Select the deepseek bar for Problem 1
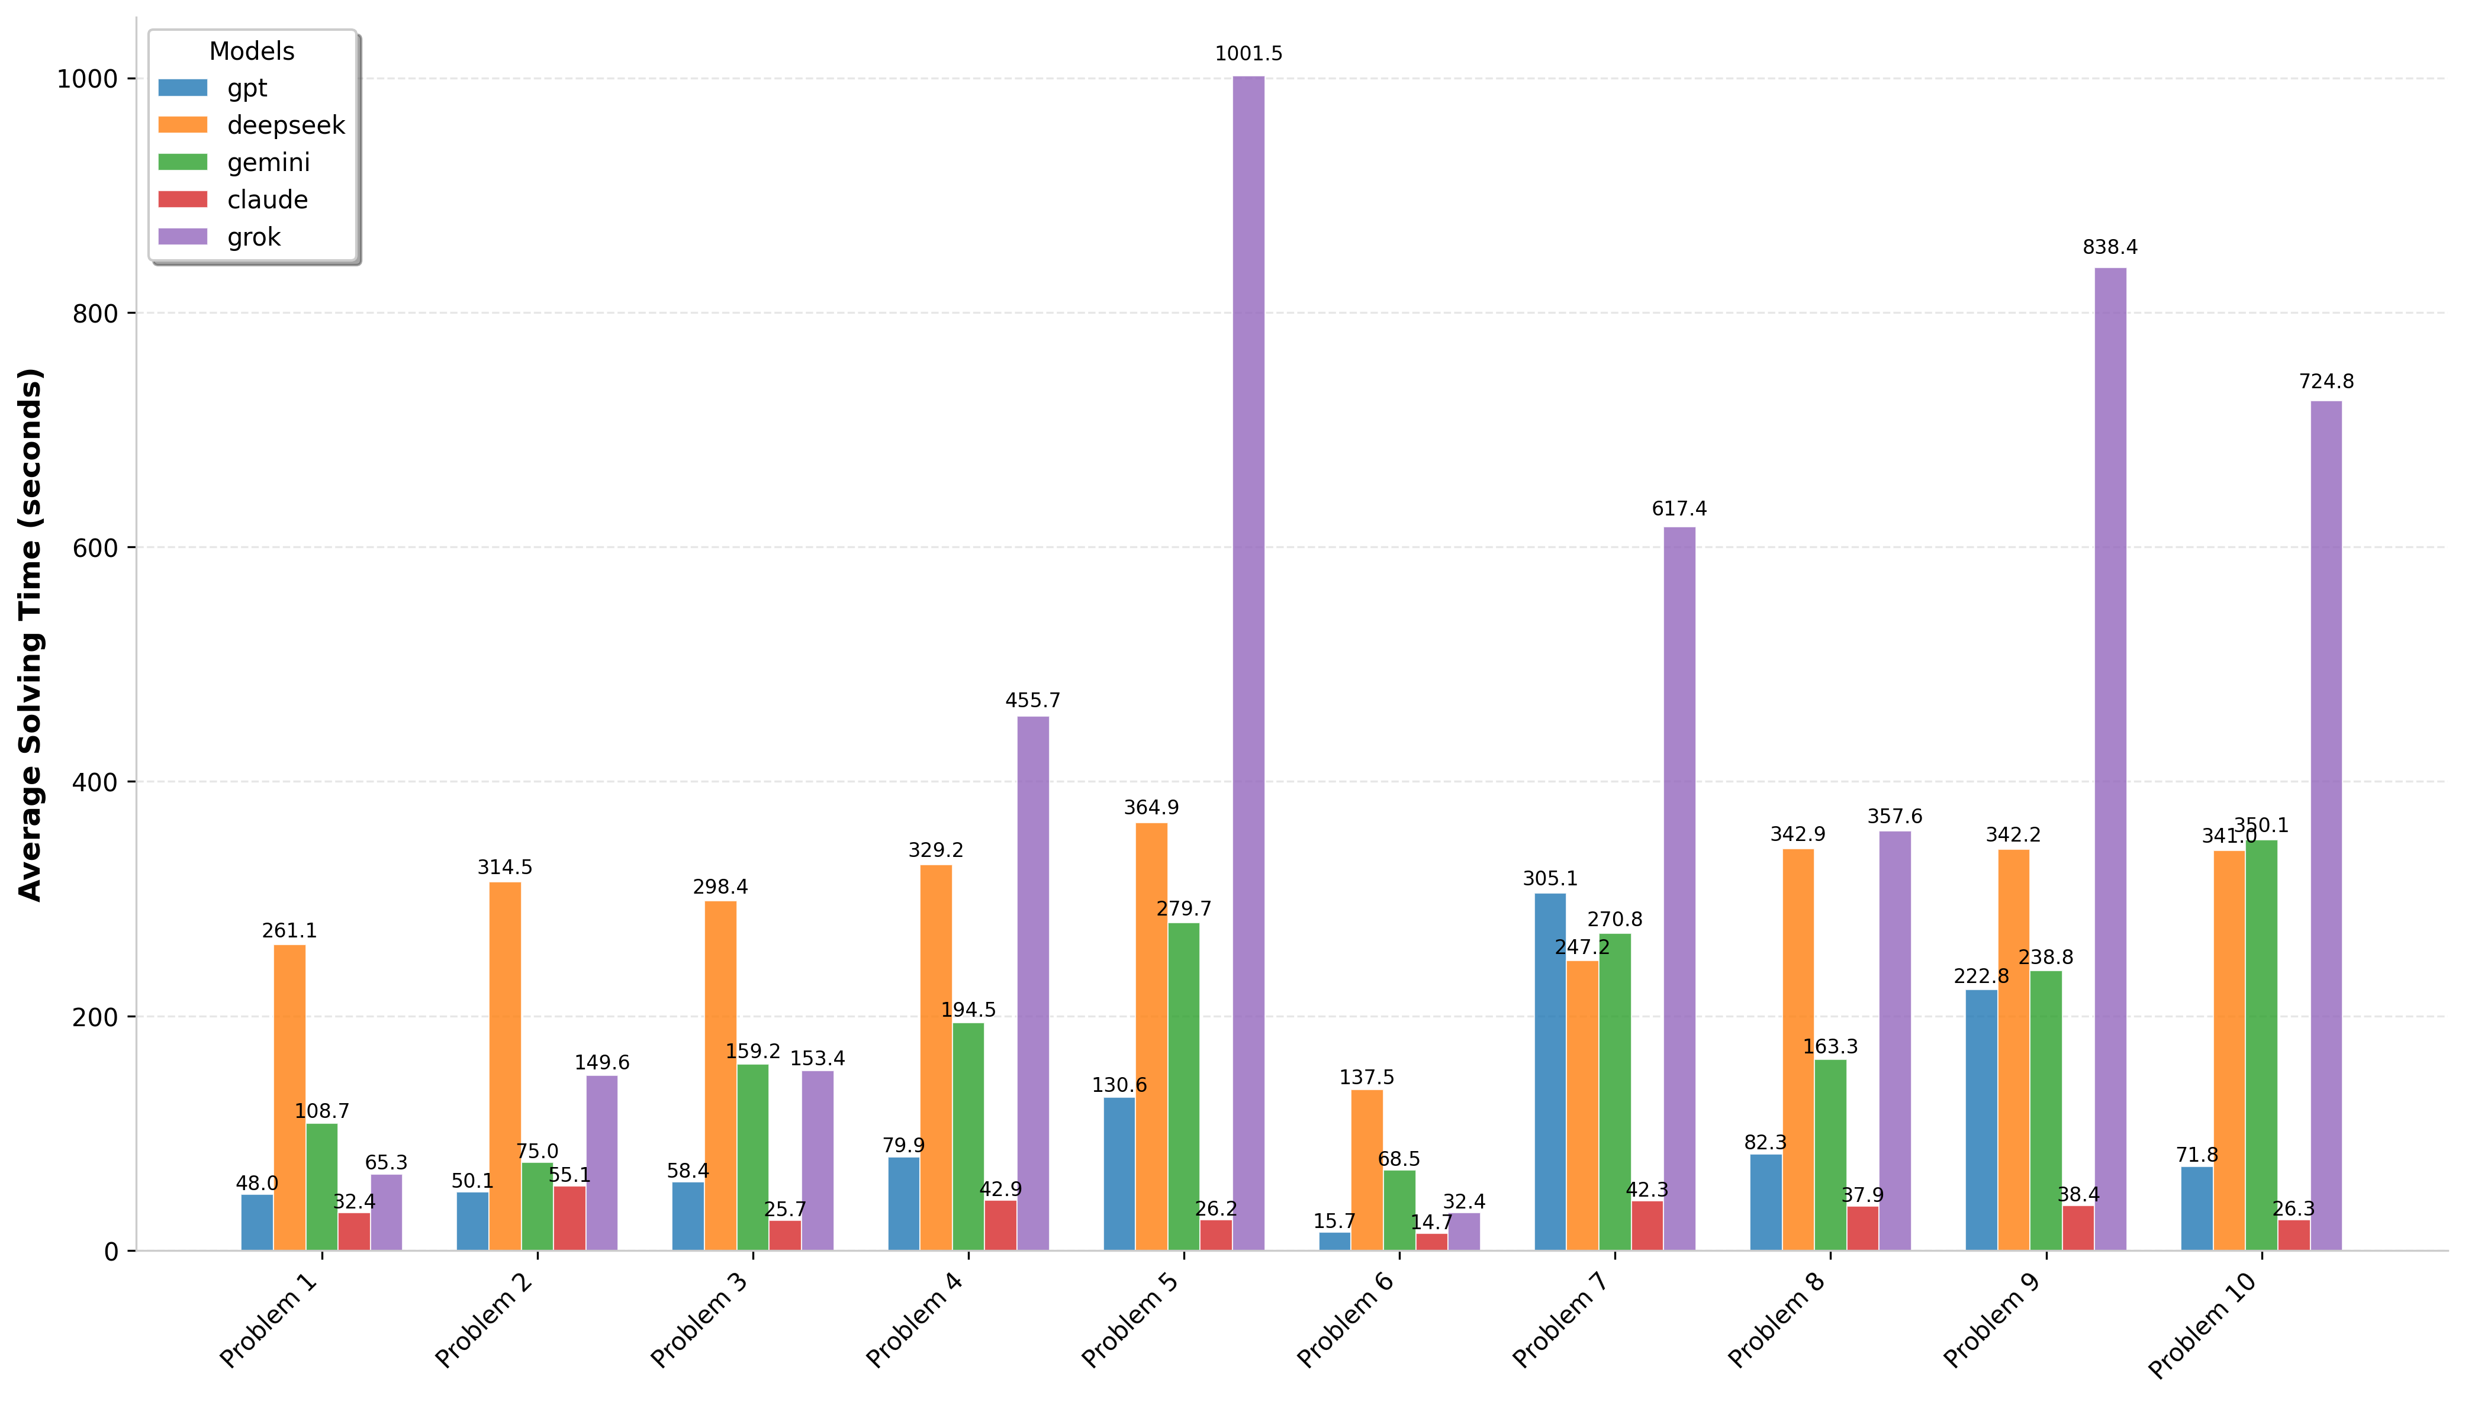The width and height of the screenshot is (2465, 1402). [289, 1098]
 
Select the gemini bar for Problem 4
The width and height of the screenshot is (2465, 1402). [968, 1136]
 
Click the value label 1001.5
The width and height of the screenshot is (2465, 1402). [1248, 54]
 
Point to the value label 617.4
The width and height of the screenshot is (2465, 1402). [1678, 508]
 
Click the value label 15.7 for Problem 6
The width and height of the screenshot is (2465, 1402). [1334, 1221]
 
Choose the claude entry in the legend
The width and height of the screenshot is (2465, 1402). [267, 199]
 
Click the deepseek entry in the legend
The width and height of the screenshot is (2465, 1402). [285, 125]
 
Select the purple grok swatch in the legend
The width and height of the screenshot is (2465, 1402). [183, 237]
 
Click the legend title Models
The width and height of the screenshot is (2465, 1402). [252, 51]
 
